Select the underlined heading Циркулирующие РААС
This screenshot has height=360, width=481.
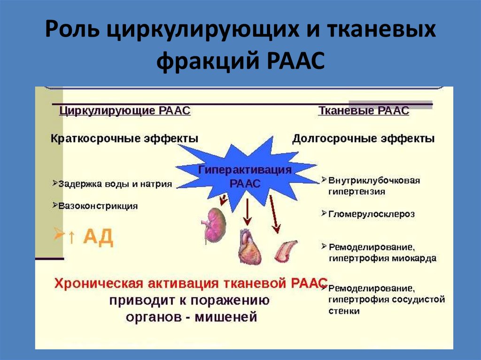[125, 111]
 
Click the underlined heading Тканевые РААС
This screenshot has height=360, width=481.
[364, 111]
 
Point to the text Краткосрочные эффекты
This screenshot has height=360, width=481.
[124, 139]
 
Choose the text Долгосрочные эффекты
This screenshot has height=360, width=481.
[363, 139]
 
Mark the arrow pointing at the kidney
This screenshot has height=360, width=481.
[223, 200]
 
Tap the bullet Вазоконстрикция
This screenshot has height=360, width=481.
[98, 206]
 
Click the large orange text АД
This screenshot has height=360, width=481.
[98, 237]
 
